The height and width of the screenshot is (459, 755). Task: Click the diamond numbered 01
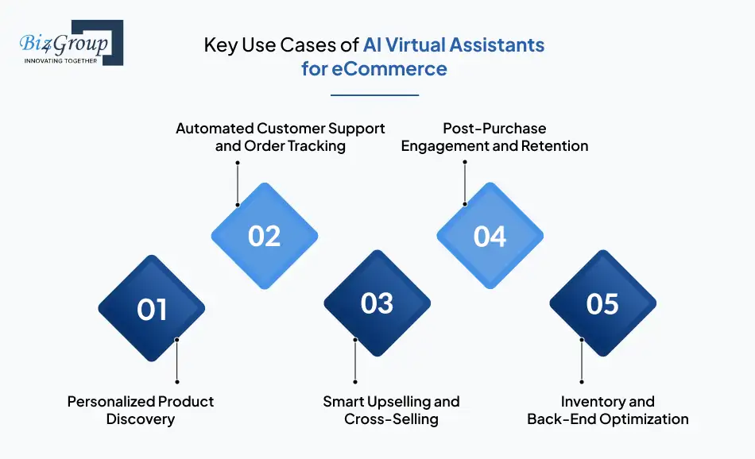(x=151, y=309)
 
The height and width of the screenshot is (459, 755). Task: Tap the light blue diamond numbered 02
(x=264, y=236)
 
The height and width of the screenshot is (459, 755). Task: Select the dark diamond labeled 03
(x=377, y=303)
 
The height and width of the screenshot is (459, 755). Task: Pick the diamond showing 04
(x=490, y=236)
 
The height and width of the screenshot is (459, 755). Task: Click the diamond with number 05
(x=602, y=303)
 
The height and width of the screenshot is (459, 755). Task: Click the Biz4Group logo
(x=71, y=43)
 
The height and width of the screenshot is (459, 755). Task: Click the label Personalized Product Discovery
(x=141, y=410)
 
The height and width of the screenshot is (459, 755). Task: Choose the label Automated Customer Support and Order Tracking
(x=280, y=137)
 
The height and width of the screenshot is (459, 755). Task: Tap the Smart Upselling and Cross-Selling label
(x=391, y=410)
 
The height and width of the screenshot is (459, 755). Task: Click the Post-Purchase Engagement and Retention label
(x=494, y=137)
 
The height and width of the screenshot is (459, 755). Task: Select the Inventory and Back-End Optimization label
(x=608, y=410)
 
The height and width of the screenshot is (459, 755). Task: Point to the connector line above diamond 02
(x=238, y=183)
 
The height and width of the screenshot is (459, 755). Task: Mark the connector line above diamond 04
(x=464, y=183)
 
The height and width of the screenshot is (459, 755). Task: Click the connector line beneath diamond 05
(x=582, y=361)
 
